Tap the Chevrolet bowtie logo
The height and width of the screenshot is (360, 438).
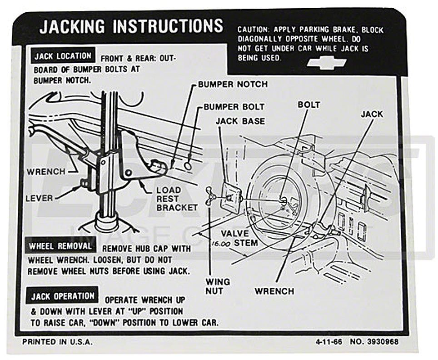point(326,63)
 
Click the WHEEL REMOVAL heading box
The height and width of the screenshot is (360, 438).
point(61,246)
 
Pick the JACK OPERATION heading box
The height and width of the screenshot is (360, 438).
point(63,296)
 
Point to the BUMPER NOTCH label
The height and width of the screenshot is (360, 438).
point(233,85)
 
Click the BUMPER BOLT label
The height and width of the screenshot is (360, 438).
point(234,107)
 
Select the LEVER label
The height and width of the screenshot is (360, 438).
point(39,198)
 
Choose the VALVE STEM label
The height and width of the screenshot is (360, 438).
point(239,238)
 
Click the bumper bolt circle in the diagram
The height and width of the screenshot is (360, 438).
point(188,165)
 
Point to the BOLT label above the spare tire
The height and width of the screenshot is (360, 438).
point(309,105)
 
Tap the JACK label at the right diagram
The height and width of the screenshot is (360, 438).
point(372,114)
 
